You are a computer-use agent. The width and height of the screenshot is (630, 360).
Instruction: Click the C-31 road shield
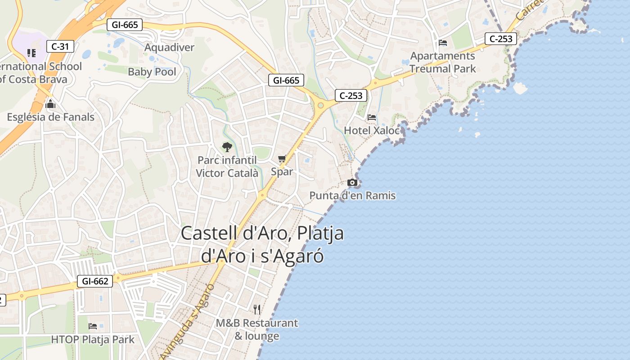60,46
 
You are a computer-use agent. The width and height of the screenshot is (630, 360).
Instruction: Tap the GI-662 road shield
95,281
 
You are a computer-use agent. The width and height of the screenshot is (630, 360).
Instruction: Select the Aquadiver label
169,47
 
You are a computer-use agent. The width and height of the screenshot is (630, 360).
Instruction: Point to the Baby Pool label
152,72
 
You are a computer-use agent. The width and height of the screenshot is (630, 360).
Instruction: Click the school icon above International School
31,53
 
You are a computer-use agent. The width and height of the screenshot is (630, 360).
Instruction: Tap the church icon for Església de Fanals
50,104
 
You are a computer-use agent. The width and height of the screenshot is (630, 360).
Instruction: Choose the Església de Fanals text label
50,117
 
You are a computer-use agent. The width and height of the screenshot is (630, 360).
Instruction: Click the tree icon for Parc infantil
227,147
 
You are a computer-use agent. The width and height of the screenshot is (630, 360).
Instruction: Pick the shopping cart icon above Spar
282,158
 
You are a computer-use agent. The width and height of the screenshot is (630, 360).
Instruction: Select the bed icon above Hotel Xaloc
372,117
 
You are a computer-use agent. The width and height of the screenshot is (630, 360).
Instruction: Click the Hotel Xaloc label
372,130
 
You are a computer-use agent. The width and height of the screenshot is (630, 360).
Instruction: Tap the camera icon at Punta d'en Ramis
352,182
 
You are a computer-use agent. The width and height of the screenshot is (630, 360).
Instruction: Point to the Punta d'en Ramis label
352,195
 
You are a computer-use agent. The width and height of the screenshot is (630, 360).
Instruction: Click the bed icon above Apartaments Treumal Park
443,43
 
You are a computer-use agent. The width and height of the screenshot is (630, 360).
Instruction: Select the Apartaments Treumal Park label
443,63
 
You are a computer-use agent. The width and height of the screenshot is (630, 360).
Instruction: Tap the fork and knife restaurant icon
257,310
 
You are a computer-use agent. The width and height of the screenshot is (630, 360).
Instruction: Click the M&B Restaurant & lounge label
257,329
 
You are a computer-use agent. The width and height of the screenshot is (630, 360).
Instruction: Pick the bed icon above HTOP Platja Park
93,326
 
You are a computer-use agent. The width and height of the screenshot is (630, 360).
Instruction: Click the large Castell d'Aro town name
262,244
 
